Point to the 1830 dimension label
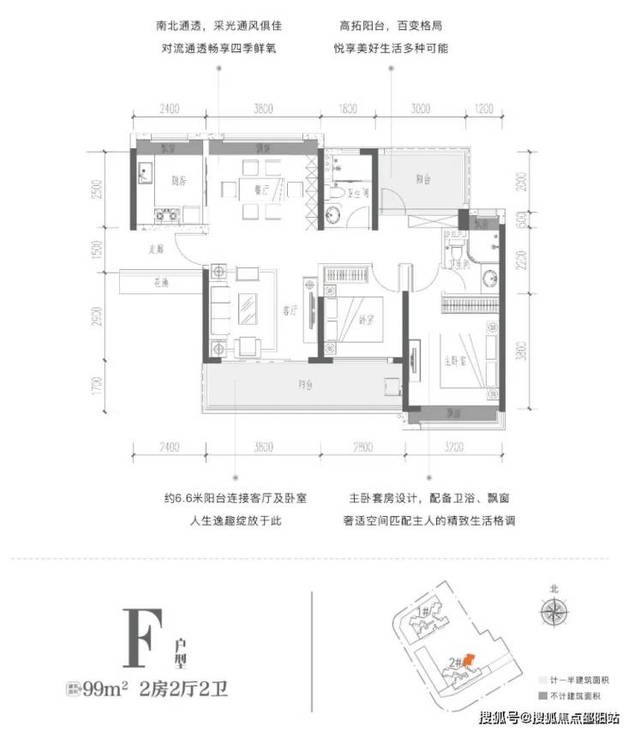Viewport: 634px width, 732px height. point(346,109)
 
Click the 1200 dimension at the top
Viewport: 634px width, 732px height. point(485,109)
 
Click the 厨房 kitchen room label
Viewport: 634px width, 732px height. point(179,182)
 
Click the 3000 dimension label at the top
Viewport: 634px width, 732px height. point(420,109)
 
